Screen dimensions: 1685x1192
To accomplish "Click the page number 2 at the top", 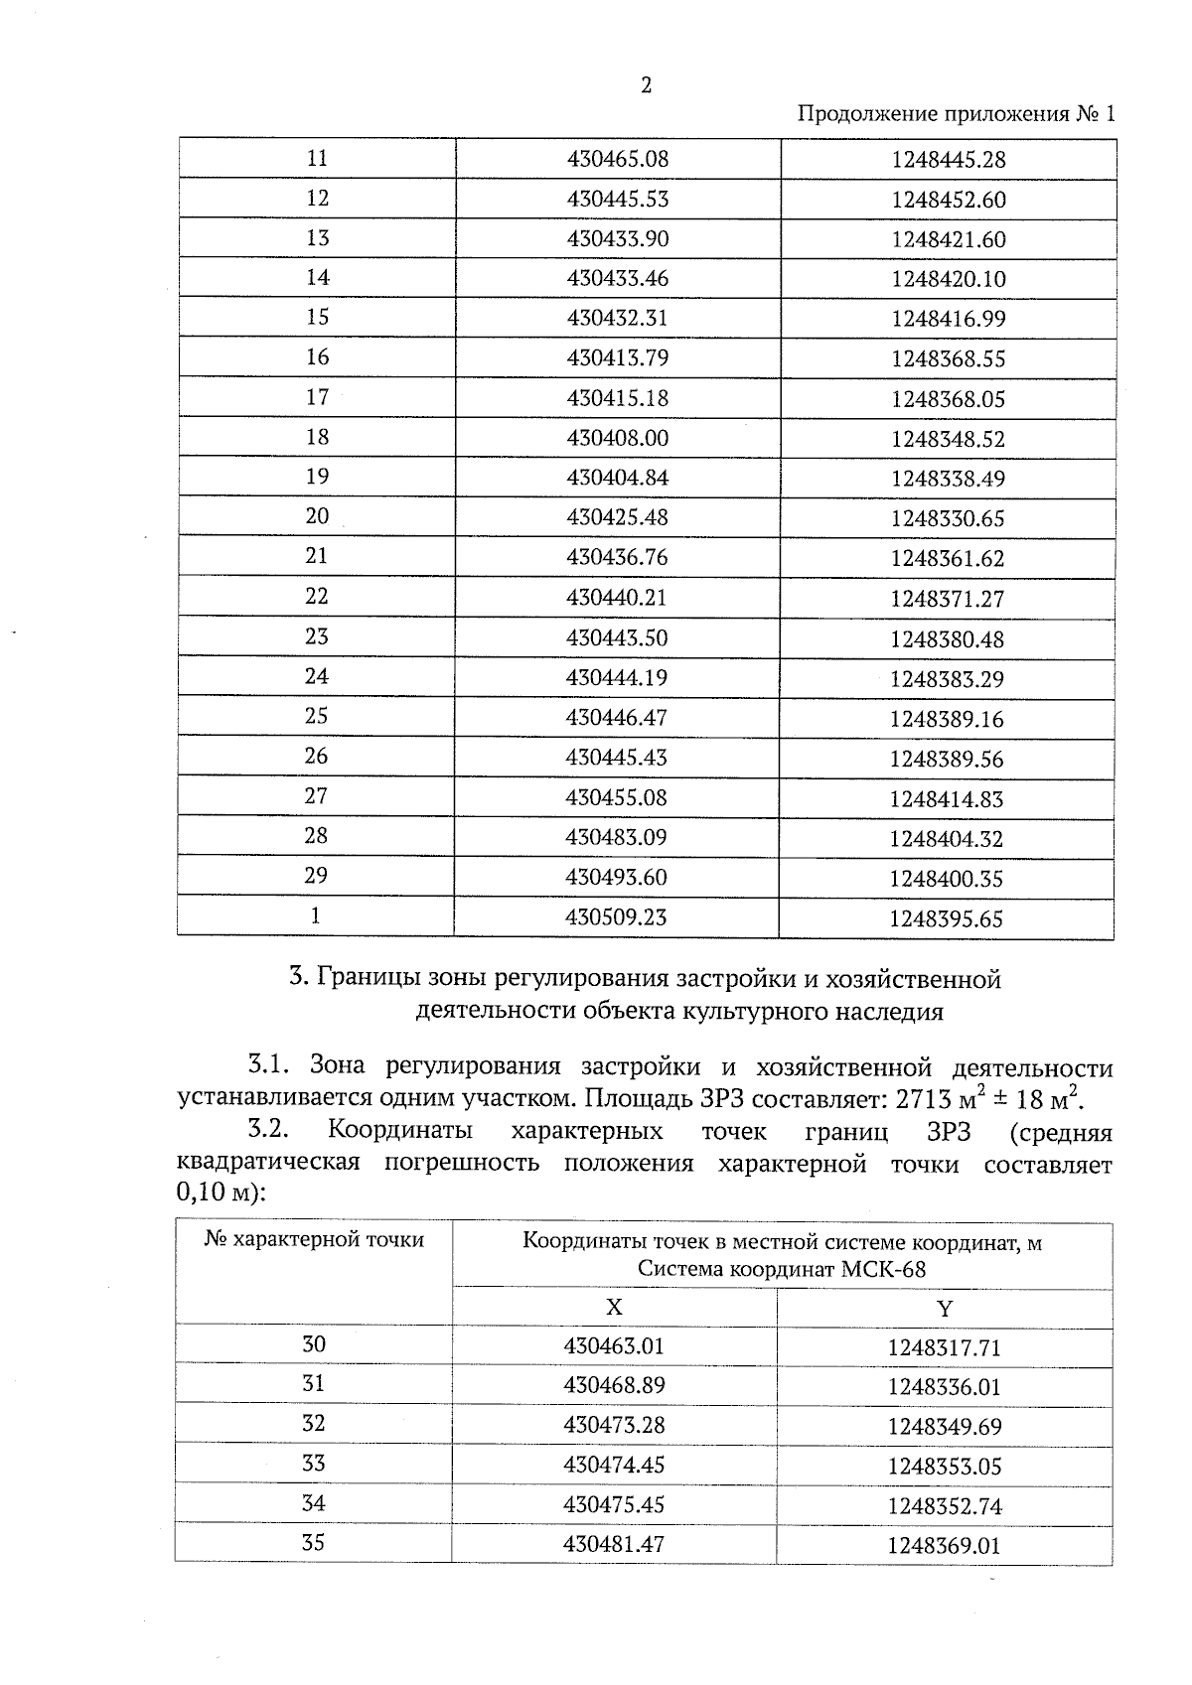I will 647,85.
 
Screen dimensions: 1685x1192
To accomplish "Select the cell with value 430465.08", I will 617,159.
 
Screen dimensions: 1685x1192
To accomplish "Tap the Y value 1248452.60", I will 948,200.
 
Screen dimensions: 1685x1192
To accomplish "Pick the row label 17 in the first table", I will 317,397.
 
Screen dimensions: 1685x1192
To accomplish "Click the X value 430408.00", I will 617,438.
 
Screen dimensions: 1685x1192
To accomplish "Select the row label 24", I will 316,676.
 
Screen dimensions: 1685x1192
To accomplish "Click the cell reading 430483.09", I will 616,837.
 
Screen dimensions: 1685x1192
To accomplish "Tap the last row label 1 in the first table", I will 315,915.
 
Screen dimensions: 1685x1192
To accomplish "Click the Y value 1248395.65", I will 946,919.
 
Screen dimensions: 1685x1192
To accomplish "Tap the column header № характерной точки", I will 314,1239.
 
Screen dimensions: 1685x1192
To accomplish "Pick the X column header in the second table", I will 614,1307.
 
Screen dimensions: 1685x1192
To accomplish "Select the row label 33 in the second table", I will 313,1464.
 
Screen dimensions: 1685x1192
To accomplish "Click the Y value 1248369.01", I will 944,1546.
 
